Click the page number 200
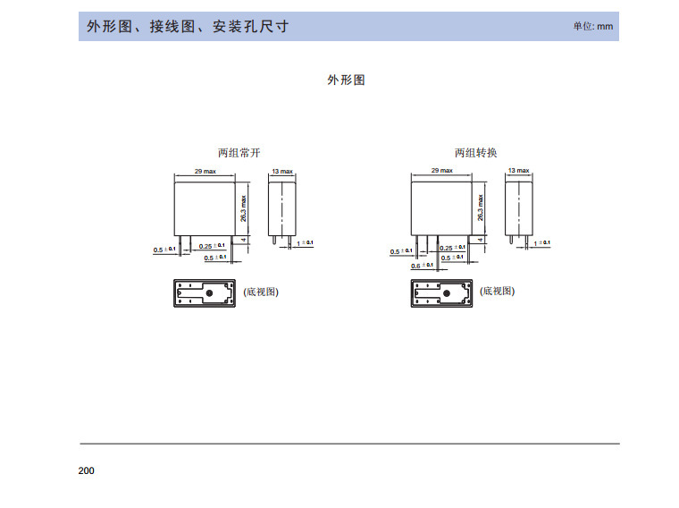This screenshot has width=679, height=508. pos(86,471)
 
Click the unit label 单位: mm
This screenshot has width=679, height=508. pos(593,27)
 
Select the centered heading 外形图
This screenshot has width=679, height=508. pos(346,80)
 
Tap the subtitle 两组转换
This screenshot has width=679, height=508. pos(475,153)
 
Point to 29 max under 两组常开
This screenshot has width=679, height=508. pos(205,171)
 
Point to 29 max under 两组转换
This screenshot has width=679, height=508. pos(442,170)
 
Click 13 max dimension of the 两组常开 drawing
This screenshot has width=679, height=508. pos(282,171)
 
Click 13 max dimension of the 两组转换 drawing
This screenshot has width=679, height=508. pos(518,170)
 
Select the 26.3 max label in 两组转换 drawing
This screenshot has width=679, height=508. pos(480,207)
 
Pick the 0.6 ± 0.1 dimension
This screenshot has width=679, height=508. pos(423,266)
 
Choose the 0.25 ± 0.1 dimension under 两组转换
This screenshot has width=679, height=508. pos(452,248)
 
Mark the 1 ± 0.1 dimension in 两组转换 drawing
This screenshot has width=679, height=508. pos(542,243)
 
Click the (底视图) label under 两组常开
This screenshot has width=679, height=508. pos(261,292)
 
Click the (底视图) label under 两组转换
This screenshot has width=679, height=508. pos(497,292)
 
